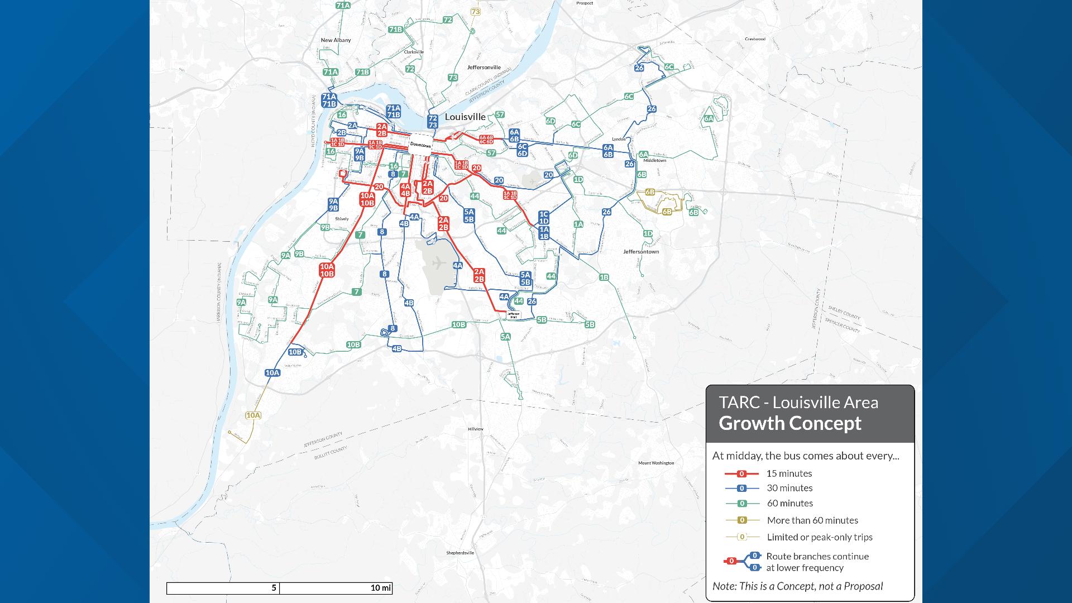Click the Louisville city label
pyautogui.click(x=465, y=117)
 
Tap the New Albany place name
pyautogui.click(x=336, y=40)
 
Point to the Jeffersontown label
pyautogui.click(x=641, y=252)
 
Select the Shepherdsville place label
pyautogui.click(x=460, y=553)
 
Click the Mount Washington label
pyautogui.click(x=656, y=463)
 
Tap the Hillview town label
pyautogui.click(x=475, y=429)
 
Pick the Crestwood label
pyautogui.click(x=755, y=39)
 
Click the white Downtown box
pyautogui.click(x=421, y=145)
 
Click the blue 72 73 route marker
pyautogui.click(x=432, y=122)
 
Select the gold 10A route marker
pyautogui.click(x=253, y=415)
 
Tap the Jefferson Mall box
pyautogui.click(x=514, y=315)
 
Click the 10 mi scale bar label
pyautogui.click(x=381, y=588)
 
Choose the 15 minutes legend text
pyautogui.click(x=789, y=473)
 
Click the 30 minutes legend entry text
pyautogui.click(x=789, y=488)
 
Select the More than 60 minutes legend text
pyautogui.click(x=812, y=520)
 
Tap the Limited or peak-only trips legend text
pyautogui.click(x=819, y=537)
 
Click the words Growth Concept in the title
pyautogui.click(x=789, y=423)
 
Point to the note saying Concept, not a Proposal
pyautogui.click(x=797, y=586)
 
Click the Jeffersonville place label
pyautogui.click(x=484, y=67)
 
